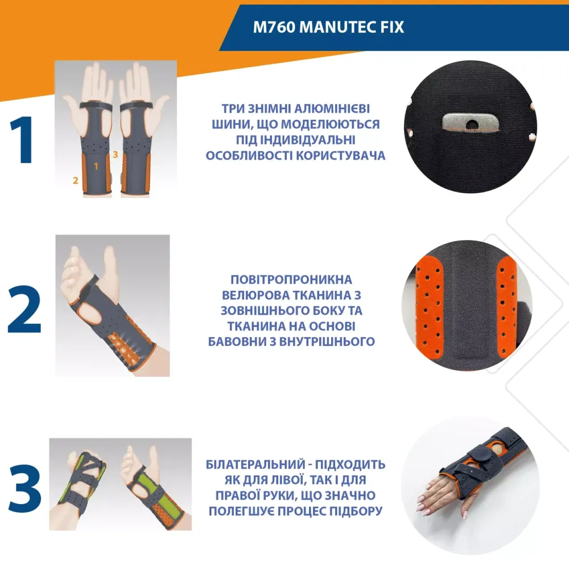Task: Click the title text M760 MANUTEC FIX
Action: coord(328,27)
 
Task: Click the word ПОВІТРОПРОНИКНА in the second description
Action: coord(291,280)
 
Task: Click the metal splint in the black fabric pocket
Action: coord(468,122)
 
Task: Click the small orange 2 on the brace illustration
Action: coord(75,181)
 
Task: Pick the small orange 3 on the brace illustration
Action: coord(115,154)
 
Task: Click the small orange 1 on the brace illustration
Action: coord(96,166)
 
